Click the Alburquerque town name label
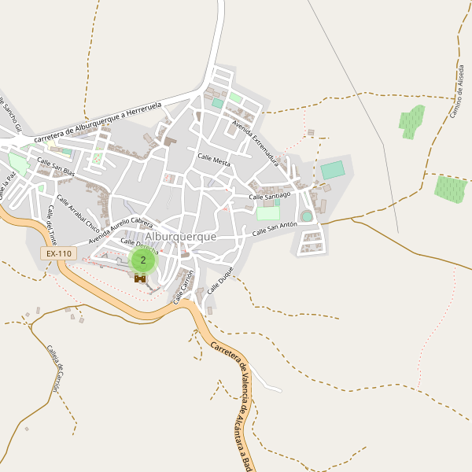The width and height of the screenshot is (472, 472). (180, 236)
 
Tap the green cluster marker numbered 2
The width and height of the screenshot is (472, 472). (142, 260)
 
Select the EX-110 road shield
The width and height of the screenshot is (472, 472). (58, 254)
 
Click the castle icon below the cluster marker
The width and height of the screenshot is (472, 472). (141, 278)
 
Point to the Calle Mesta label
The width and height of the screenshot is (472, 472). (214, 160)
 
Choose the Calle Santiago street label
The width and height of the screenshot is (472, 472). (270, 194)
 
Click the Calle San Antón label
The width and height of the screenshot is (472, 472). (275, 229)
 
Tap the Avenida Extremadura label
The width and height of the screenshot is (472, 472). (256, 141)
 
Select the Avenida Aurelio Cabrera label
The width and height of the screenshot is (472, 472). (120, 229)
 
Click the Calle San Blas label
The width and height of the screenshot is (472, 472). (56, 166)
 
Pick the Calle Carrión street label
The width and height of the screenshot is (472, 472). (183, 286)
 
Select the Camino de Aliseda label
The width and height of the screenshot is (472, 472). (457, 90)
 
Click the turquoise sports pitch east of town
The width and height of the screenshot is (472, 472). (333, 170)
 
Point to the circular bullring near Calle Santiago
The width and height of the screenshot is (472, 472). (306, 216)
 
